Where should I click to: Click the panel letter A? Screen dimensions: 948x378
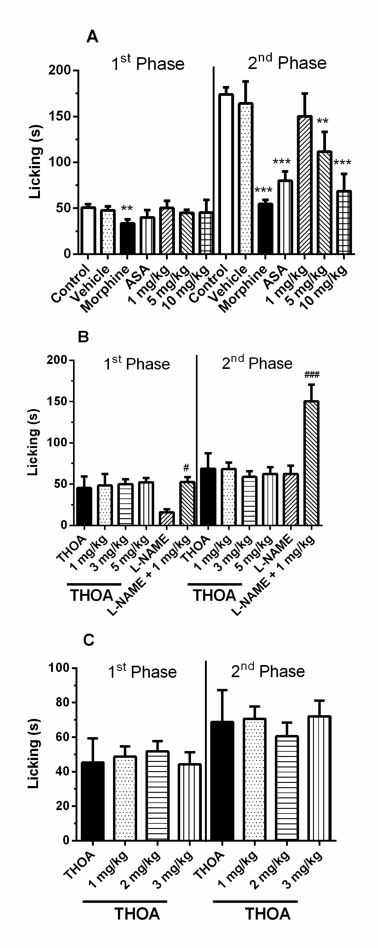pyautogui.click(x=92, y=37)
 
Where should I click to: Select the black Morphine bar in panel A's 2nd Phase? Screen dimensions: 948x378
pyautogui.click(x=265, y=228)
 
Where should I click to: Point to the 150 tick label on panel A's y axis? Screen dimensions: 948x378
pyautogui.click(x=60, y=117)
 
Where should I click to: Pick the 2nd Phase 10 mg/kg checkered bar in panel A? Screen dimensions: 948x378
pyautogui.click(x=343, y=222)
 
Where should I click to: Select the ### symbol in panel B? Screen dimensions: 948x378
pyautogui.click(x=312, y=375)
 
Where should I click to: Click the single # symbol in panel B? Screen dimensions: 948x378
pyautogui.click(x=186, y=468)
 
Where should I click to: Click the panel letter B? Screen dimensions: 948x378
pyautogui.click(x=83, y=337)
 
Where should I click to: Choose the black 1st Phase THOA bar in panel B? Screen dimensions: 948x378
pyautogui.click(x=84, y=506)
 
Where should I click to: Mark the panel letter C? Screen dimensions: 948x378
pyautogui.click(x=89, y=640)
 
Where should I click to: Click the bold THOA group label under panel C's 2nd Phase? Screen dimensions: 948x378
pyautogui.click(x=268, y=914)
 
